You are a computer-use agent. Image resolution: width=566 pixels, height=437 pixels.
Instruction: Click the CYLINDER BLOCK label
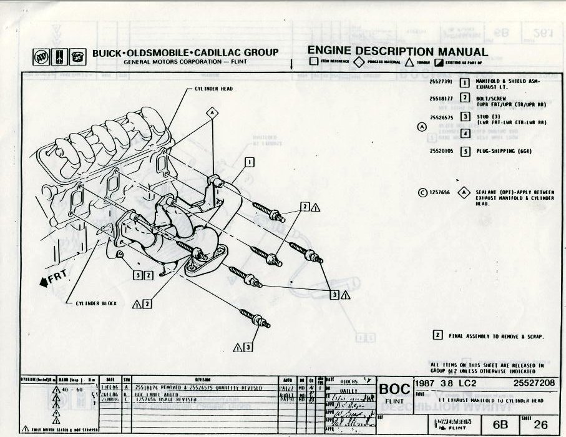(x=92, y=303)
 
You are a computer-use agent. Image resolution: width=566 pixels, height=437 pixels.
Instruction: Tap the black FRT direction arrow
(x=44, y=282)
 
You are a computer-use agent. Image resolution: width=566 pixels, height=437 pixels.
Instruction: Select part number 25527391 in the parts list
(x=441, y=82)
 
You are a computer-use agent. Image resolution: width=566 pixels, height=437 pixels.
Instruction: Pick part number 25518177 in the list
(x=441, y=97)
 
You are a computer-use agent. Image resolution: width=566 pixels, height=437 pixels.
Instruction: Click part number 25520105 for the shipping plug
(x=441, y=151)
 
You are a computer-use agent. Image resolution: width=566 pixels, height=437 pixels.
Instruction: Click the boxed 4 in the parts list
(x=465, y=134)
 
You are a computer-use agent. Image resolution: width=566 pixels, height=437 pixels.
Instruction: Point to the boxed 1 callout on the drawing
(x=250, y=163)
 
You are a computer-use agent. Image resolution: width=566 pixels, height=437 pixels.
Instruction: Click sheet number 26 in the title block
(x=540, y=425)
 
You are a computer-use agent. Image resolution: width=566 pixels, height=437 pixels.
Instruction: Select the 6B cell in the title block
(x=500, y=425)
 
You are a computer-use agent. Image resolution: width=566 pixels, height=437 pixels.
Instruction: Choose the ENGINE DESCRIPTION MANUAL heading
(x=398, y=52)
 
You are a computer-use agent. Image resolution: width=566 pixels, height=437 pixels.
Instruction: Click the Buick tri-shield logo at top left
(x=41, y=57)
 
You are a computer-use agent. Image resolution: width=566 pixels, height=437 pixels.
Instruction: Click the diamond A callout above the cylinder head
(x=213, y=113)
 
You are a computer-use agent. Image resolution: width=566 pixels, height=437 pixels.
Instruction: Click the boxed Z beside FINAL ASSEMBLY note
(x=437, y=335)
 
